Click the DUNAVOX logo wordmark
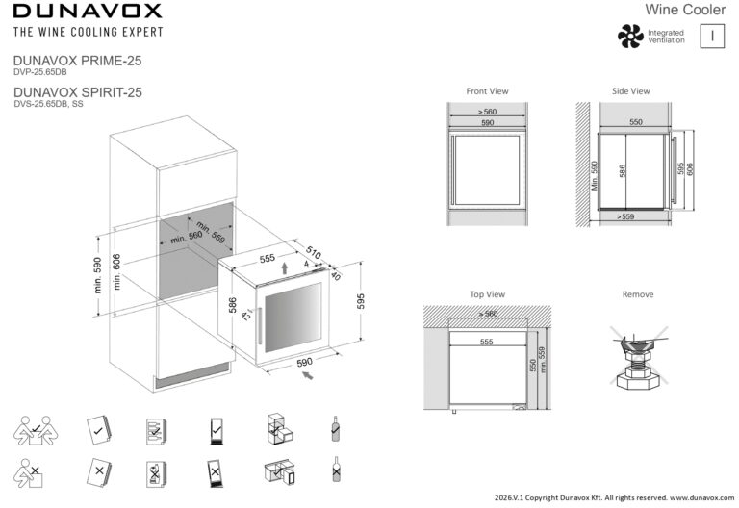tap(88, 11)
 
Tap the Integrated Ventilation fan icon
tap(630, 37)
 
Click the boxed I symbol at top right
tap(712, 36)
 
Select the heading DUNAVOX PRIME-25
tap(77, 61)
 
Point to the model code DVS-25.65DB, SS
tap(48, 104)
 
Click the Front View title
tap(487, 91)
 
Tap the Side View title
tap(630, 91)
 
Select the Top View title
tap(487, 294)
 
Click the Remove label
tap(638, 294)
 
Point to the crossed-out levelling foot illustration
tap(639, 357)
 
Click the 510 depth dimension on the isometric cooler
tap(314, 253)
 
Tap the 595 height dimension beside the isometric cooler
tap(361, 301)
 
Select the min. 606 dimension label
tap(116, 271)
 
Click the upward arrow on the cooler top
tap(284, 267)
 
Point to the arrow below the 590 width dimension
tap(307, 375)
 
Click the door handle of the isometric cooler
tap(259, 326)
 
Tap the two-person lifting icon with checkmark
tap(36, 430)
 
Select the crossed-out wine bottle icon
tap(336, 469)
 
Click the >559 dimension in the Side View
tap(625, 216)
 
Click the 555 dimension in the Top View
tap(486, 342)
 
